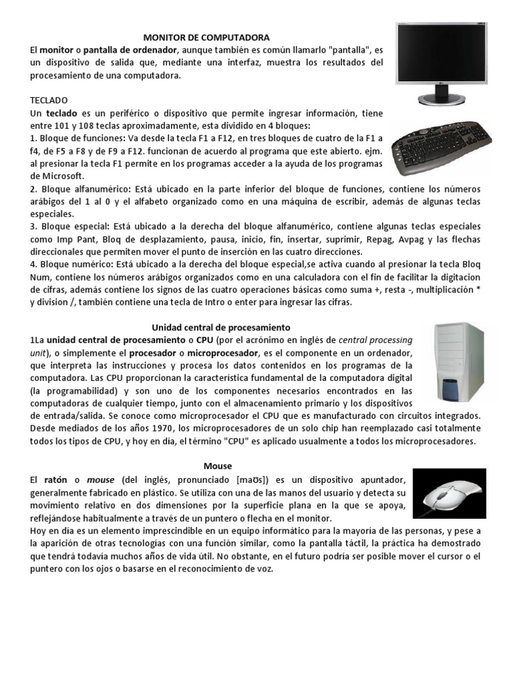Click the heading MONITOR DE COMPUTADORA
[x=207, y=38]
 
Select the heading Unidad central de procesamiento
[x=222, y=327]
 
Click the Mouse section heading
[x=218, y=466]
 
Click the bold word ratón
[x=59, y=480]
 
